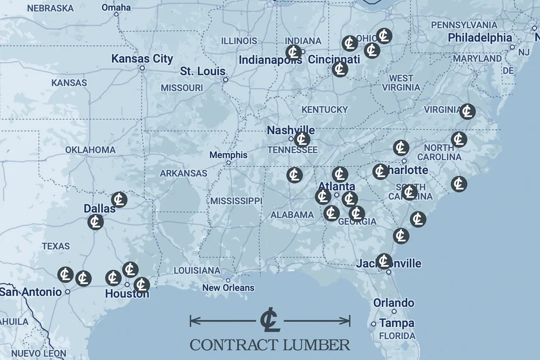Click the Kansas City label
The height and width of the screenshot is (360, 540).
click(x=142, y=59)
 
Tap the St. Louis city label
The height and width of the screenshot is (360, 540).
click(x=202, y=71)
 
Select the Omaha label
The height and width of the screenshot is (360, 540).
click(x=116, y=8)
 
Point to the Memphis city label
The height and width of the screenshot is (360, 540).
click(x=228, y=155)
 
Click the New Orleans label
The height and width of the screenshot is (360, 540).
click(x=228, y=288)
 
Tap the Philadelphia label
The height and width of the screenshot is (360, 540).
click(x=480, y=38)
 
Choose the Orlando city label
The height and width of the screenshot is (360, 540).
click(x=394, y=303)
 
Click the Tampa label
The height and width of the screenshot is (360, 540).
click(x=397, y=323)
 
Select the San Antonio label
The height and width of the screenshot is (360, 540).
click(x=30, y=291)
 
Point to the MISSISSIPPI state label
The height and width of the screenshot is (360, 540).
click(x=236, y=201)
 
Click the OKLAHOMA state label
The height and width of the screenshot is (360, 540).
click(x=90, y=150)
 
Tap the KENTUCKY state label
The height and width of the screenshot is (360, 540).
click(x=325, y=110)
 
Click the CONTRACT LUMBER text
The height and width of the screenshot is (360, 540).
click(x=269, y=344)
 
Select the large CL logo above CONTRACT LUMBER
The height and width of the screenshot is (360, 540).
click(x=269, y=321)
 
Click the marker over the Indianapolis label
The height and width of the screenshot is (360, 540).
click(x=294, y=52)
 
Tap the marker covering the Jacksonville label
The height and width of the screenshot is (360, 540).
click(x=384, y=261)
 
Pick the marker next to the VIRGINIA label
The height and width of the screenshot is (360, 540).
click(x=467, y=112)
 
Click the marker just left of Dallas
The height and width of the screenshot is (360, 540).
click(x=96, y=222)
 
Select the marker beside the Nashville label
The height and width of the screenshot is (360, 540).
click(x=302, y=139)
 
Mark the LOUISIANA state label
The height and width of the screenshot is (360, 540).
click(x=197, y=270)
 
